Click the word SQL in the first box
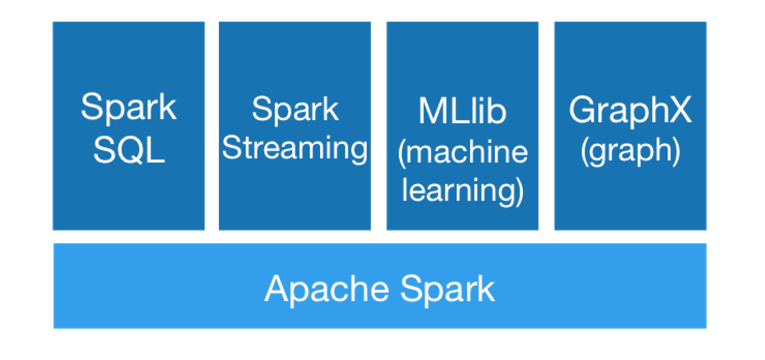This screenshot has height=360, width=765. click(129, 150)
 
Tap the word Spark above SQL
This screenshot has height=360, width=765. click(129, 107)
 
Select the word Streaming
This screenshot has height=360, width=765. click(295, 149)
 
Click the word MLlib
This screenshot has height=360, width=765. click(462, 111)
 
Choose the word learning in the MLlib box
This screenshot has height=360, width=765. click(459, 190)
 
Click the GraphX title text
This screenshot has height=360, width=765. click(630, 111)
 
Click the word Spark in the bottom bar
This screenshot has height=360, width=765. click(447, 289)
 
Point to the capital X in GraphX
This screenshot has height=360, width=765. click(681, 111)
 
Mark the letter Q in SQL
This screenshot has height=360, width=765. click(130, 150)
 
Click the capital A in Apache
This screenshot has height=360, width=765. click(276, 289)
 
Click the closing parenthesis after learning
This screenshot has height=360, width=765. click(519, 191)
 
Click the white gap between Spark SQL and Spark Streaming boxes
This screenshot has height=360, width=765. click(212, 126)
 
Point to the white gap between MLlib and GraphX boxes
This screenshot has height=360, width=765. click(546, 126)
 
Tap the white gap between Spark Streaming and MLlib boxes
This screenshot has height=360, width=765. click(378, 126)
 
